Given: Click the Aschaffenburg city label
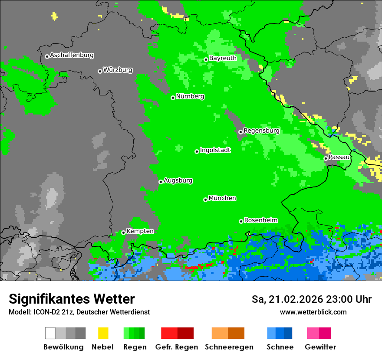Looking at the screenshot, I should click(x=72, y=56).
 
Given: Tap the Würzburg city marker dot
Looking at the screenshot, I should click(x=100, y=71).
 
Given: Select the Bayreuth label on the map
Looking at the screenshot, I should click(x=223, y=58).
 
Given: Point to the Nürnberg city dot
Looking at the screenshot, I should click(x=173, y=98).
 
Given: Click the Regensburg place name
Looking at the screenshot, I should click(x=261, y=131).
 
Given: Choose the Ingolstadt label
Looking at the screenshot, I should click(x=215, y=150).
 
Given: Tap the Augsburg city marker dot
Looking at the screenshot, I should click(x=161, y=182).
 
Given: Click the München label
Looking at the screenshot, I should click(x=222, y=198).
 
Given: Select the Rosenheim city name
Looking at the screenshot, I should click(x=260, y=220).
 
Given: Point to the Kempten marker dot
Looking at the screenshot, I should click(x=123, y=232).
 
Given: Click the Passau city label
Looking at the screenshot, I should click(x=339, y=157).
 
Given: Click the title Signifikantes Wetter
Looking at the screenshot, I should click(x=72, y=299).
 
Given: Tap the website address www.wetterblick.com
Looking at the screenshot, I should click(x=313, y=312).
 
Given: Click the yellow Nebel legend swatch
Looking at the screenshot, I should click(x=103, y=333).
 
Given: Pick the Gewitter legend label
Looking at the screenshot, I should click(x=320, y=347).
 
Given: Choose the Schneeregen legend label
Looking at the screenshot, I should click(x=229, y=347).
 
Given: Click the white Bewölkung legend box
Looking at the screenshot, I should click(x=50, y=333).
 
